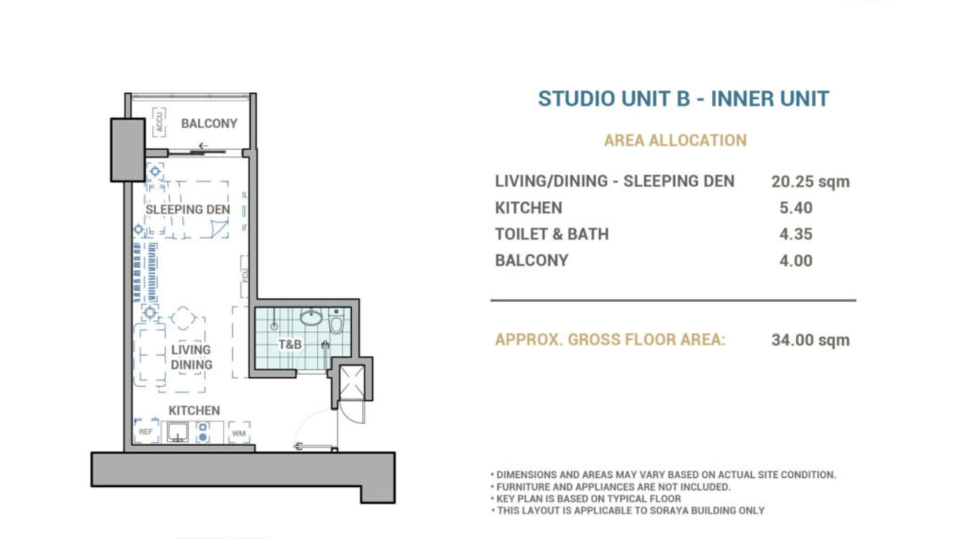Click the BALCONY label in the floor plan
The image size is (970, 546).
point(209,123)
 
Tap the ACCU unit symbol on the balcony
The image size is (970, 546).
point(159,122)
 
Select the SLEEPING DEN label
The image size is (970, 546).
point(187,209)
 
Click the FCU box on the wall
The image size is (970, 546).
point(245,276)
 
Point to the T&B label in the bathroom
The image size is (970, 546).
point(290,344)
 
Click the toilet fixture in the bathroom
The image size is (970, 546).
point(336,322)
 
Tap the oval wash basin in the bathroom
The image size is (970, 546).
point(311,317)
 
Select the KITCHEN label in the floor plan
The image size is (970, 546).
point(194,411)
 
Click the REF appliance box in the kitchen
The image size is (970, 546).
point(146,432)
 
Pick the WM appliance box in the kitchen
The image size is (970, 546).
point(239,433)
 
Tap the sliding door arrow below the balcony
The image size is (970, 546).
point(203,146)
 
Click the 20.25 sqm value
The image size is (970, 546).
point(810,181)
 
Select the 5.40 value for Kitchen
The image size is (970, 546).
point(796,208)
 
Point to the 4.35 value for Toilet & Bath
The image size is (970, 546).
point(796,234)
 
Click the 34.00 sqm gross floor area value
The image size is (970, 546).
point(810,340)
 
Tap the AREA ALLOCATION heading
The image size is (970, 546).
point(675,140)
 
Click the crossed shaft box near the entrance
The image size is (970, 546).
point(352,383)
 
